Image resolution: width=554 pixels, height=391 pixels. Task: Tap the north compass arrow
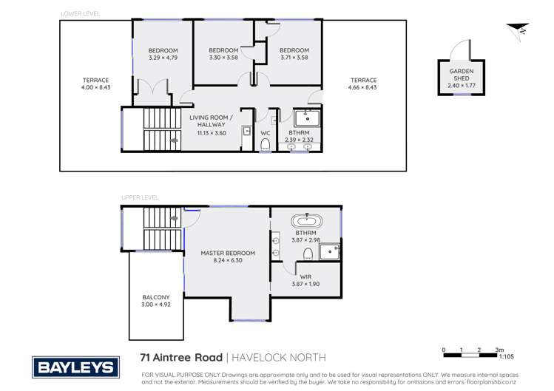[x=516, y=30]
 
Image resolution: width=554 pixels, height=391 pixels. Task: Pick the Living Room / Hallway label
[x=211, y=121]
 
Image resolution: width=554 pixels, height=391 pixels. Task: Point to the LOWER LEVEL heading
[x=80, y=14]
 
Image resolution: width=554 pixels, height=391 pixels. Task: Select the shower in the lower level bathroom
[x=308, y=118]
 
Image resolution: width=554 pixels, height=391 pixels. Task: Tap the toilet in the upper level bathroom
[x=307, y=256]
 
